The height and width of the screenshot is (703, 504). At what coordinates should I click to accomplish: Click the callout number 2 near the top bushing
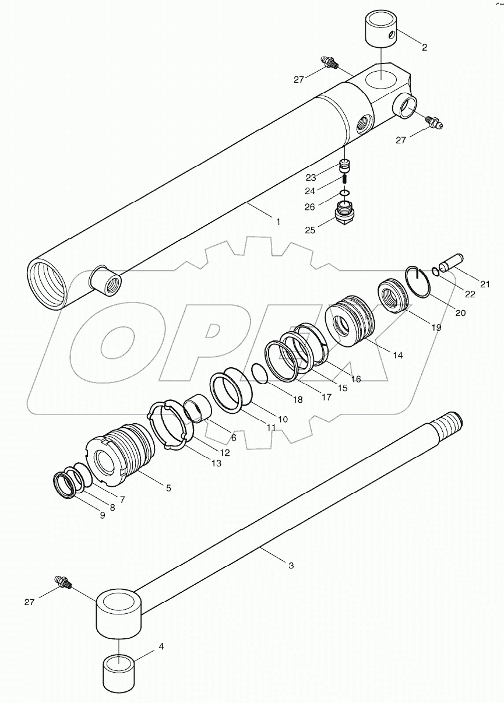click(424, 47)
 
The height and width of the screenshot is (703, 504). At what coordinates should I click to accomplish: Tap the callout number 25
click(309, 230)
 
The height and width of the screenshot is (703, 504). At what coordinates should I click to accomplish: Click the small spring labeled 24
click(344, 182)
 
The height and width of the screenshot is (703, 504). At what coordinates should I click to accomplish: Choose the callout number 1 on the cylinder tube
click(278, 222)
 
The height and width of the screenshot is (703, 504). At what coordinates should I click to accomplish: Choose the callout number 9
click(102, 515)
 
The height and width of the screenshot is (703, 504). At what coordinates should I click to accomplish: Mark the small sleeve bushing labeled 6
click(197, 407)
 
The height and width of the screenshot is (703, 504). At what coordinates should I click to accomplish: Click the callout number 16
click(355, 379)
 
